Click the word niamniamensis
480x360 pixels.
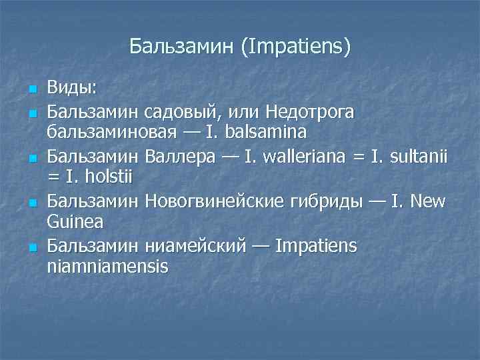point(107,268)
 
